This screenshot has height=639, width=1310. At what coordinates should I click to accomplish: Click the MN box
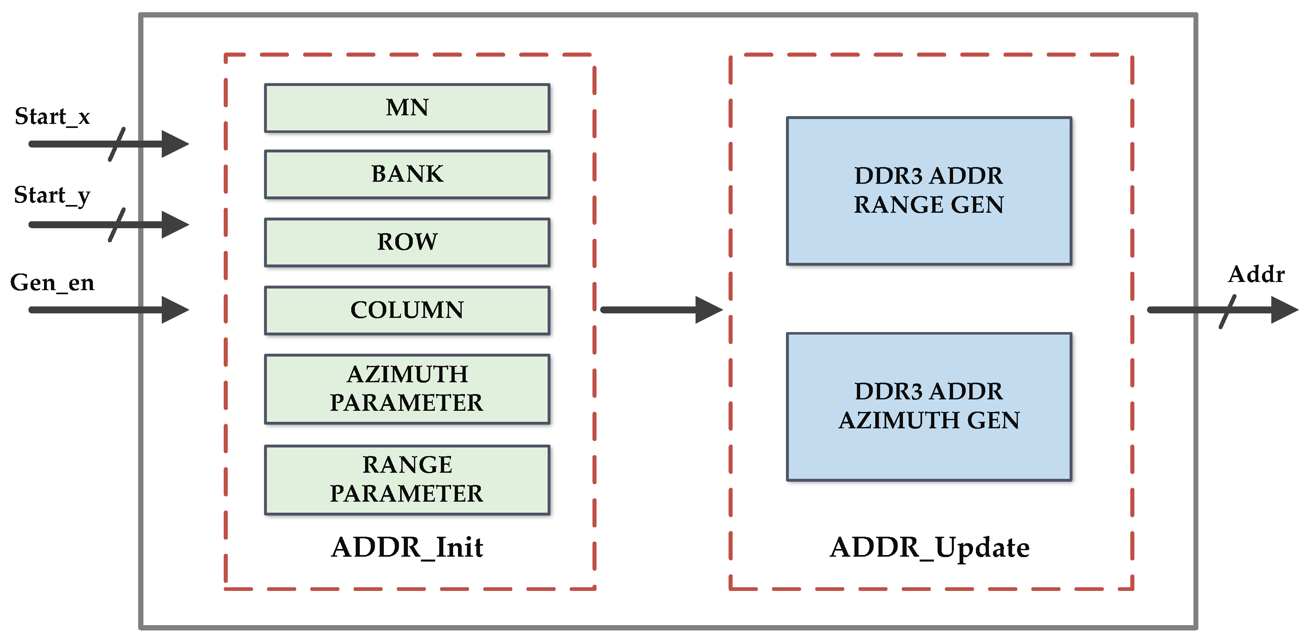[x=407, y=108]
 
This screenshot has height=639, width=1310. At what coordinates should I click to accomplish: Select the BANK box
[x=407, y=174]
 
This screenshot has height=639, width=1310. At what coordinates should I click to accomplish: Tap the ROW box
[x=407, y=242]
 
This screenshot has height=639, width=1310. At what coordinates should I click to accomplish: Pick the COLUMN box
[x=407, y=311]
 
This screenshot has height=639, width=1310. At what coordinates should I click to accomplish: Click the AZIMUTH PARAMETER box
[x=407, y=389]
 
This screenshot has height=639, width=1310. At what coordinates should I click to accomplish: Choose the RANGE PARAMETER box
[x=407, y=479]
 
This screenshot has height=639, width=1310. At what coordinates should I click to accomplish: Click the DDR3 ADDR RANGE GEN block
[x=929, y=190]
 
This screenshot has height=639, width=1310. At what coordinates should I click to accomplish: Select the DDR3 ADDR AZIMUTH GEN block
[x=929, y=406]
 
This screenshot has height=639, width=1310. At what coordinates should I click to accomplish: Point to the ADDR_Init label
[x=407, y=547]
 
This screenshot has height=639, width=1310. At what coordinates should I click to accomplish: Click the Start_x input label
[x=52, y=117]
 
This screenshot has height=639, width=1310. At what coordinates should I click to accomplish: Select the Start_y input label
[x=52, y=195]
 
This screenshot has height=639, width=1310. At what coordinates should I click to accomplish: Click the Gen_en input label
[x=52, y=283]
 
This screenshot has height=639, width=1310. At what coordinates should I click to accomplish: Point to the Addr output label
[x=1256, y=275]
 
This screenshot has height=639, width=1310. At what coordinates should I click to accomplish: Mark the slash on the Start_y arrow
[x=117, y=225]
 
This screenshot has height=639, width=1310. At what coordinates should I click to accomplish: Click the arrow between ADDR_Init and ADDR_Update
[x=661, y=310]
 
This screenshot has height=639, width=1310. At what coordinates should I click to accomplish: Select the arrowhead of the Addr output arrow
[x=1284, y=310]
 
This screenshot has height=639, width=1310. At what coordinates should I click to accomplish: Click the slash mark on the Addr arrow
[x=1227, y=311]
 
